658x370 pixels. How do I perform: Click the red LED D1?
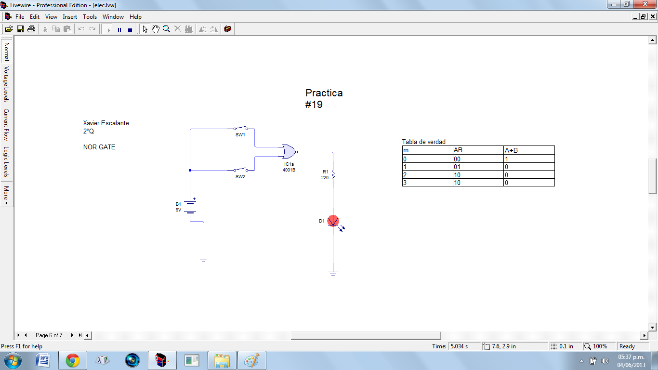point(333,221)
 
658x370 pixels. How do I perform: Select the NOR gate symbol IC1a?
point(289,152)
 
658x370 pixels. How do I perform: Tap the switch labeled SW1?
point(241,129)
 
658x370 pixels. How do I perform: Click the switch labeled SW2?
point(241,170)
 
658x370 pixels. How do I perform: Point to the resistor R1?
point(333,174)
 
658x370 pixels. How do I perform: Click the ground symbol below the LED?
point(333,273)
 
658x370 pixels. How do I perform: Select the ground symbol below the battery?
point(204,259)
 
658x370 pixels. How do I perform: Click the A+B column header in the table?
point(511,150)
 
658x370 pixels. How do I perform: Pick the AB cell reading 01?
point(457,167)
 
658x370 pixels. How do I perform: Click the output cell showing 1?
point(507,159)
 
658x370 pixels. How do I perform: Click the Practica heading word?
point(324,93)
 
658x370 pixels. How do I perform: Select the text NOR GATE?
point(99,147)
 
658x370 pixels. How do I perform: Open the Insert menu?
point(70,17)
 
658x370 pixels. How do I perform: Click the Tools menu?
point(90,17)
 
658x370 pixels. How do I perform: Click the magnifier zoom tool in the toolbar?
point(166,29)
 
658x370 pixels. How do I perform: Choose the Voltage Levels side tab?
point(7,84)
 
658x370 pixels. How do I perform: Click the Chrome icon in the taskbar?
point(73,360)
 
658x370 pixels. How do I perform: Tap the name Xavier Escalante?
point(106,123)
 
